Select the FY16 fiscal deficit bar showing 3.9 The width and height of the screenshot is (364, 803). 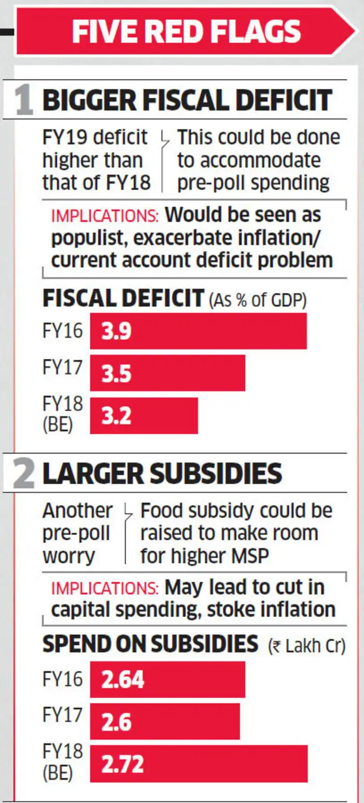(x=198, y=331)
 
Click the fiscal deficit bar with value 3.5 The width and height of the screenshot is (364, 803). (x=167, y=373)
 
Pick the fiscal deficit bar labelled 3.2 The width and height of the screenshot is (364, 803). (x=144, y=416)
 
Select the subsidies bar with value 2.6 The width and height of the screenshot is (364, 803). (x=165, y=721)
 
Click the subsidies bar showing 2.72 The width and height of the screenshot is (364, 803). (x=199, y=764)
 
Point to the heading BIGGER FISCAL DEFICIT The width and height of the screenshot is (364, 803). (x=187, y=100)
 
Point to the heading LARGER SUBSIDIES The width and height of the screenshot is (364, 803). (x=162, y=474)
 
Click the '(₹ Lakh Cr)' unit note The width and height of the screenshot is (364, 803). (x=307, y=647)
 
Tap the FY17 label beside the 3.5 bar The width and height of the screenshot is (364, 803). (x=62, y=368)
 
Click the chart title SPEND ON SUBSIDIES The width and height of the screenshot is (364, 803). (x=150, y=645)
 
